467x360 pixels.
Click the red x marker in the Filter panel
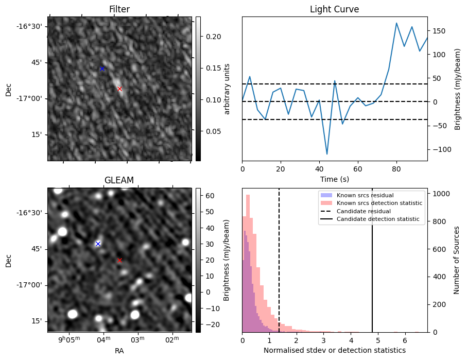pos(120,89)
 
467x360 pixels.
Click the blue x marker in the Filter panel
pos(102,68)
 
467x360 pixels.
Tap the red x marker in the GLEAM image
pos(120,260)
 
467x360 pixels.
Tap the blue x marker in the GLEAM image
pos(98,244)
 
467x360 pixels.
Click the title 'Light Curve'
pos(334,10)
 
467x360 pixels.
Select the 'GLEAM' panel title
pos(119,180)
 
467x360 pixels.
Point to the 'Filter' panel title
pos(119,10)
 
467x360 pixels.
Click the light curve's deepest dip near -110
pos(327,154)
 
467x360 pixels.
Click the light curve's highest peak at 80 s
pos(396,23)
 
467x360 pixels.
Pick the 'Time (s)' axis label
pos(334,179)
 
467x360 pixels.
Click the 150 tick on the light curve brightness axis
pos(438,31)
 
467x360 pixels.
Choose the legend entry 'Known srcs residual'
pos(365,196)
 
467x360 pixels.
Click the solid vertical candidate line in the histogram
pos(372,283)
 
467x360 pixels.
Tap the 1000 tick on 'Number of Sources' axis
pos(441,194)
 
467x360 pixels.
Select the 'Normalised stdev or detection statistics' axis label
pos(334,350)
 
